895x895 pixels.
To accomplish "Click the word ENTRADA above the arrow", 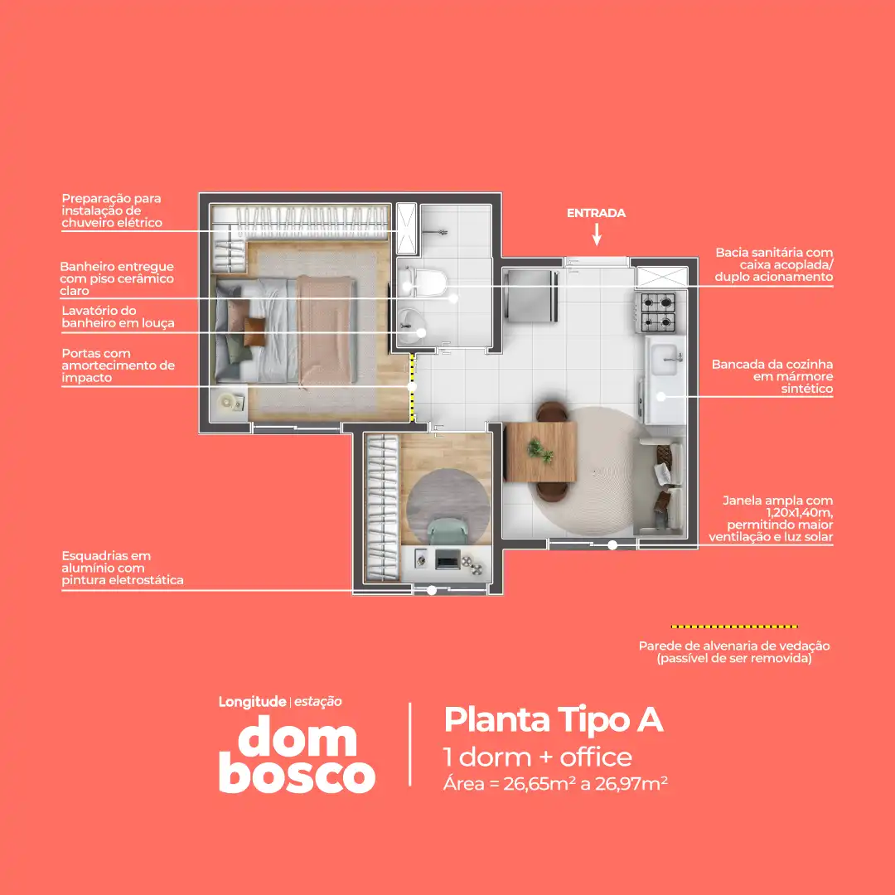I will tap(596, 213).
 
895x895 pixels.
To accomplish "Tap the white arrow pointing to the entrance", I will tap(597, 235).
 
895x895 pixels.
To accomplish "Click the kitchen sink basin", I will tap(665, 358).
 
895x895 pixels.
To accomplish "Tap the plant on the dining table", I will tap(540, 451).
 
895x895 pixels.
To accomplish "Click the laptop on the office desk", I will tap(447, 560).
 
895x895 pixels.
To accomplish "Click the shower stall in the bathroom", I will tap(407, 229).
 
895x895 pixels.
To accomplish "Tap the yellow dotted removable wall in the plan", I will tap(413, 387).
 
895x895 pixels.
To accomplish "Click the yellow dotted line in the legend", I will tap(734, 626).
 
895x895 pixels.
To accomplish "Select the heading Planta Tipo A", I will tap(553, 719).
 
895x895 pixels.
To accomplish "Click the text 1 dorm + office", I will tap(538, 757).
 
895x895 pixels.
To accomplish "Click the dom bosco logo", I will tap(296, 754).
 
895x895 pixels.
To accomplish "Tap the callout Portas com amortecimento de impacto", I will tap(118, 365).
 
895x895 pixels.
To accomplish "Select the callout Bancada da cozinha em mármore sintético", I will tap(772, 376).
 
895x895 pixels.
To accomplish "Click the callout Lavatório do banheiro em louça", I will tap(118, 317).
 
